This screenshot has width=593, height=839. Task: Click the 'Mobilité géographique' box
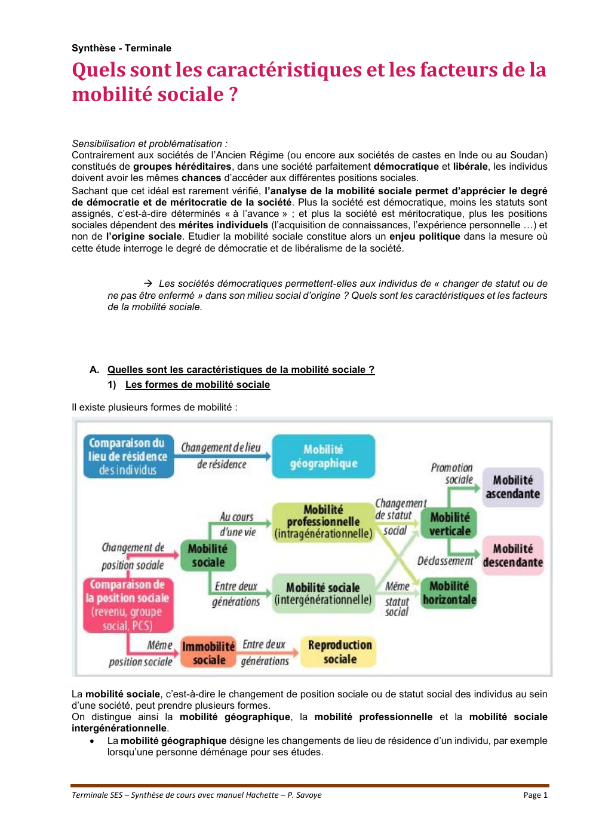[323, 456]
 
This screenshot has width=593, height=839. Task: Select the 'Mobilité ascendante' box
[512, 487]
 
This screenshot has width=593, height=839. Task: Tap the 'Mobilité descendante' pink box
[512, 555]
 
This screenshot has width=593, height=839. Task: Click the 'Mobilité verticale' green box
[450, 524]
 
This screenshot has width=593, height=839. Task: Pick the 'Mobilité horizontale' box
[449, 593]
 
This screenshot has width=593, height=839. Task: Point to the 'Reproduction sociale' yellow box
[339, 651]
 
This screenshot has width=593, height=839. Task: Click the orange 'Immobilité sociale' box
[208, 653]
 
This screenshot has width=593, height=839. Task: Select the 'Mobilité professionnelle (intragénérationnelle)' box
[323, 522]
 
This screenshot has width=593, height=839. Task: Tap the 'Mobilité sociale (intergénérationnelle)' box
[323, 593]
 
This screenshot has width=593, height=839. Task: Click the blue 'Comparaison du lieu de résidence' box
[128, 456]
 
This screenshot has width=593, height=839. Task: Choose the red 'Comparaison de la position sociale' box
[128, 605]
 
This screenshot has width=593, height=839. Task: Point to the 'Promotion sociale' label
[452, 473]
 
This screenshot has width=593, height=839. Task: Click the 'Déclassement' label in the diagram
[445, 561]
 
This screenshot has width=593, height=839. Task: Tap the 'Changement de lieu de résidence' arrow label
[222, 455]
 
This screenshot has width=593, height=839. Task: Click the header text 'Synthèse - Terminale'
[121, 48]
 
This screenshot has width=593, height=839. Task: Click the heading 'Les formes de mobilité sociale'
[197, 385]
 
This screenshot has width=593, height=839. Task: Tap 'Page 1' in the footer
[535, 795]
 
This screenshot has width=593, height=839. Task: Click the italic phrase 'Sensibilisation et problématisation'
[147, 143]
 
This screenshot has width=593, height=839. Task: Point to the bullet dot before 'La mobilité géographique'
[92, 741]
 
